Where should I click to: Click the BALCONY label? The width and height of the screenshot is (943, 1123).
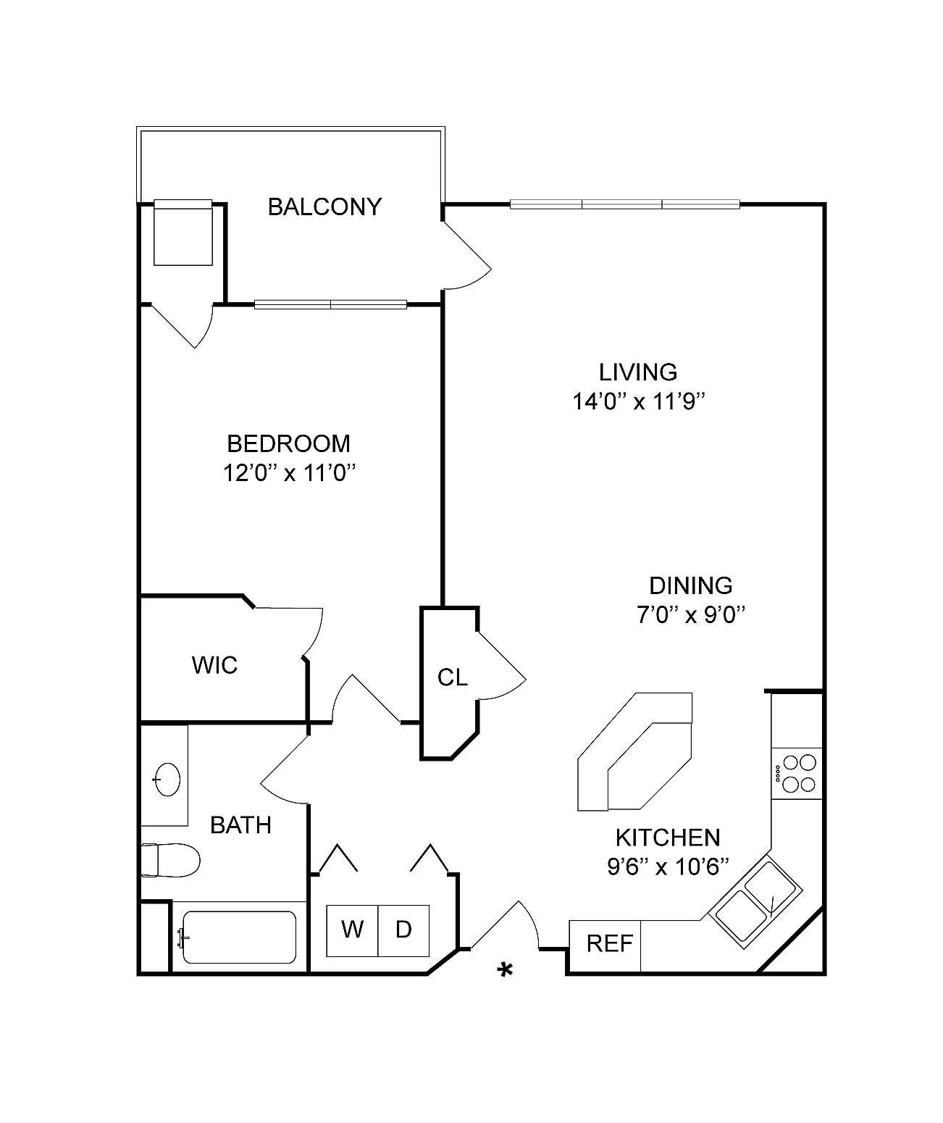click(324, 207)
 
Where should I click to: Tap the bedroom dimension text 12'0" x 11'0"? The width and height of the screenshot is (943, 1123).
click(289, 473)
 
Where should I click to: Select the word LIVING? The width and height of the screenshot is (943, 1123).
click(638, 372)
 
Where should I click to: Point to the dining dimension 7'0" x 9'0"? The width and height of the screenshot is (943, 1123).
click(691, 614)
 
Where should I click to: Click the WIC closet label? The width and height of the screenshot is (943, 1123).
click(214, 665)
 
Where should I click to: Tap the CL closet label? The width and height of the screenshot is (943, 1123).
click(453, 677)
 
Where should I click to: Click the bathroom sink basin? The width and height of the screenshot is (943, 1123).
click(167, 779)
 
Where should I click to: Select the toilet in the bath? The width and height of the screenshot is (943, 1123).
click(170, 860)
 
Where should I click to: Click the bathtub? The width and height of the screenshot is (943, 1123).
click(239, 937)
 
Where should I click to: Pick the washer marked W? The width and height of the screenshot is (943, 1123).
click(352, 930)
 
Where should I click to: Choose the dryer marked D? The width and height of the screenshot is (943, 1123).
click(403, 930)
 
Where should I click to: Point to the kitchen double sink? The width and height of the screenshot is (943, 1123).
click(755, 901)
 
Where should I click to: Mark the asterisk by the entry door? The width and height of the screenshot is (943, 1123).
click(505, 969)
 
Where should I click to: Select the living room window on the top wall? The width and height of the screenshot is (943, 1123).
click(625, 204)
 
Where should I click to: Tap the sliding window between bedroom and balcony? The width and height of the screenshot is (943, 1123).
click(331, 304)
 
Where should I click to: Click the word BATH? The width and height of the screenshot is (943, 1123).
click(241, 825)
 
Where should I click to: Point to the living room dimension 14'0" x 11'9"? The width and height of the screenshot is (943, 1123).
click(639, 401)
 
